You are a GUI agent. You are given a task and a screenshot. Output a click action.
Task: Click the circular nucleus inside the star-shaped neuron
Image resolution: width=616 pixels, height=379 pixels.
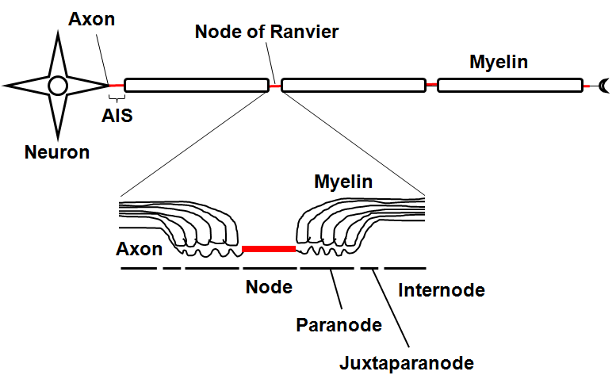(x=57, y=85)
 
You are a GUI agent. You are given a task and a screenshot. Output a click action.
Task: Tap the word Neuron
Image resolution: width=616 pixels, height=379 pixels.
(x=56, y=152)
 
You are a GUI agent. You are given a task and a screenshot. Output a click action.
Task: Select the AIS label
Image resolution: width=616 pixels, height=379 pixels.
(x=117, y=116)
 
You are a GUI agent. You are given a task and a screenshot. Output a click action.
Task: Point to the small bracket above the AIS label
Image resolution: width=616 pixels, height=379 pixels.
(x=117, y=98)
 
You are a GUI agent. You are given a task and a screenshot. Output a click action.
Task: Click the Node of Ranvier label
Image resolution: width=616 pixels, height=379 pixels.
(x=266, y=33)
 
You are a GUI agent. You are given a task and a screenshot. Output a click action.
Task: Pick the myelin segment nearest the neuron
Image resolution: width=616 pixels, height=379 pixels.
(x=197, y=85)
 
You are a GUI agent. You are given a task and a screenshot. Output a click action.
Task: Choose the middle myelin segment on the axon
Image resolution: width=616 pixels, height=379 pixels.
(x=354, y=85)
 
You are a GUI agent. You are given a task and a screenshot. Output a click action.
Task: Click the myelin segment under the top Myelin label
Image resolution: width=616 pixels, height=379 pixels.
(x=510, y=85)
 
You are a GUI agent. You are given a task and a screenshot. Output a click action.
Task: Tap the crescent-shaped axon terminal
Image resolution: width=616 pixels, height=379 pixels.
(x=605, y=85)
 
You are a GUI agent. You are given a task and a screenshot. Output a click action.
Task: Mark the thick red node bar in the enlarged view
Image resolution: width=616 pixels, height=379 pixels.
(x=269, y=249)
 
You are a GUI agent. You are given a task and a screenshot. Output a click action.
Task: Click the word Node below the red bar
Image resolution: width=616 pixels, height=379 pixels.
(x=269, y=287)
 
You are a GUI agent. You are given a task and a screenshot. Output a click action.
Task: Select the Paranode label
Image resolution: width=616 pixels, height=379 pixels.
(x=339, y=325)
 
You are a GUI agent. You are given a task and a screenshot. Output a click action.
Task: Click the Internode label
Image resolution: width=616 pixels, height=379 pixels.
(x=442, y=290)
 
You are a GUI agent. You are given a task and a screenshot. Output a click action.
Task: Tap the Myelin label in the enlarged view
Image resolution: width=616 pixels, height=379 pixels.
(x=343, y=182)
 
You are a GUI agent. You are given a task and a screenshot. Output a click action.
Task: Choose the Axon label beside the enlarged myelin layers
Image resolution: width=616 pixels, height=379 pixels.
(x=139, y=249)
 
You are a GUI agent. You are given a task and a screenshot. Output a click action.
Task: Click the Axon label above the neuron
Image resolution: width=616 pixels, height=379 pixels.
(x=92, y=19)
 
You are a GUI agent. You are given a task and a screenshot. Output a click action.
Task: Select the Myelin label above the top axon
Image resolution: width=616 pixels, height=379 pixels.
(x=499, y=61)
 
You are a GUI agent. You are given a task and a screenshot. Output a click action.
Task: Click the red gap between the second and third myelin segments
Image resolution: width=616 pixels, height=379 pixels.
(x=432, y=84)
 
